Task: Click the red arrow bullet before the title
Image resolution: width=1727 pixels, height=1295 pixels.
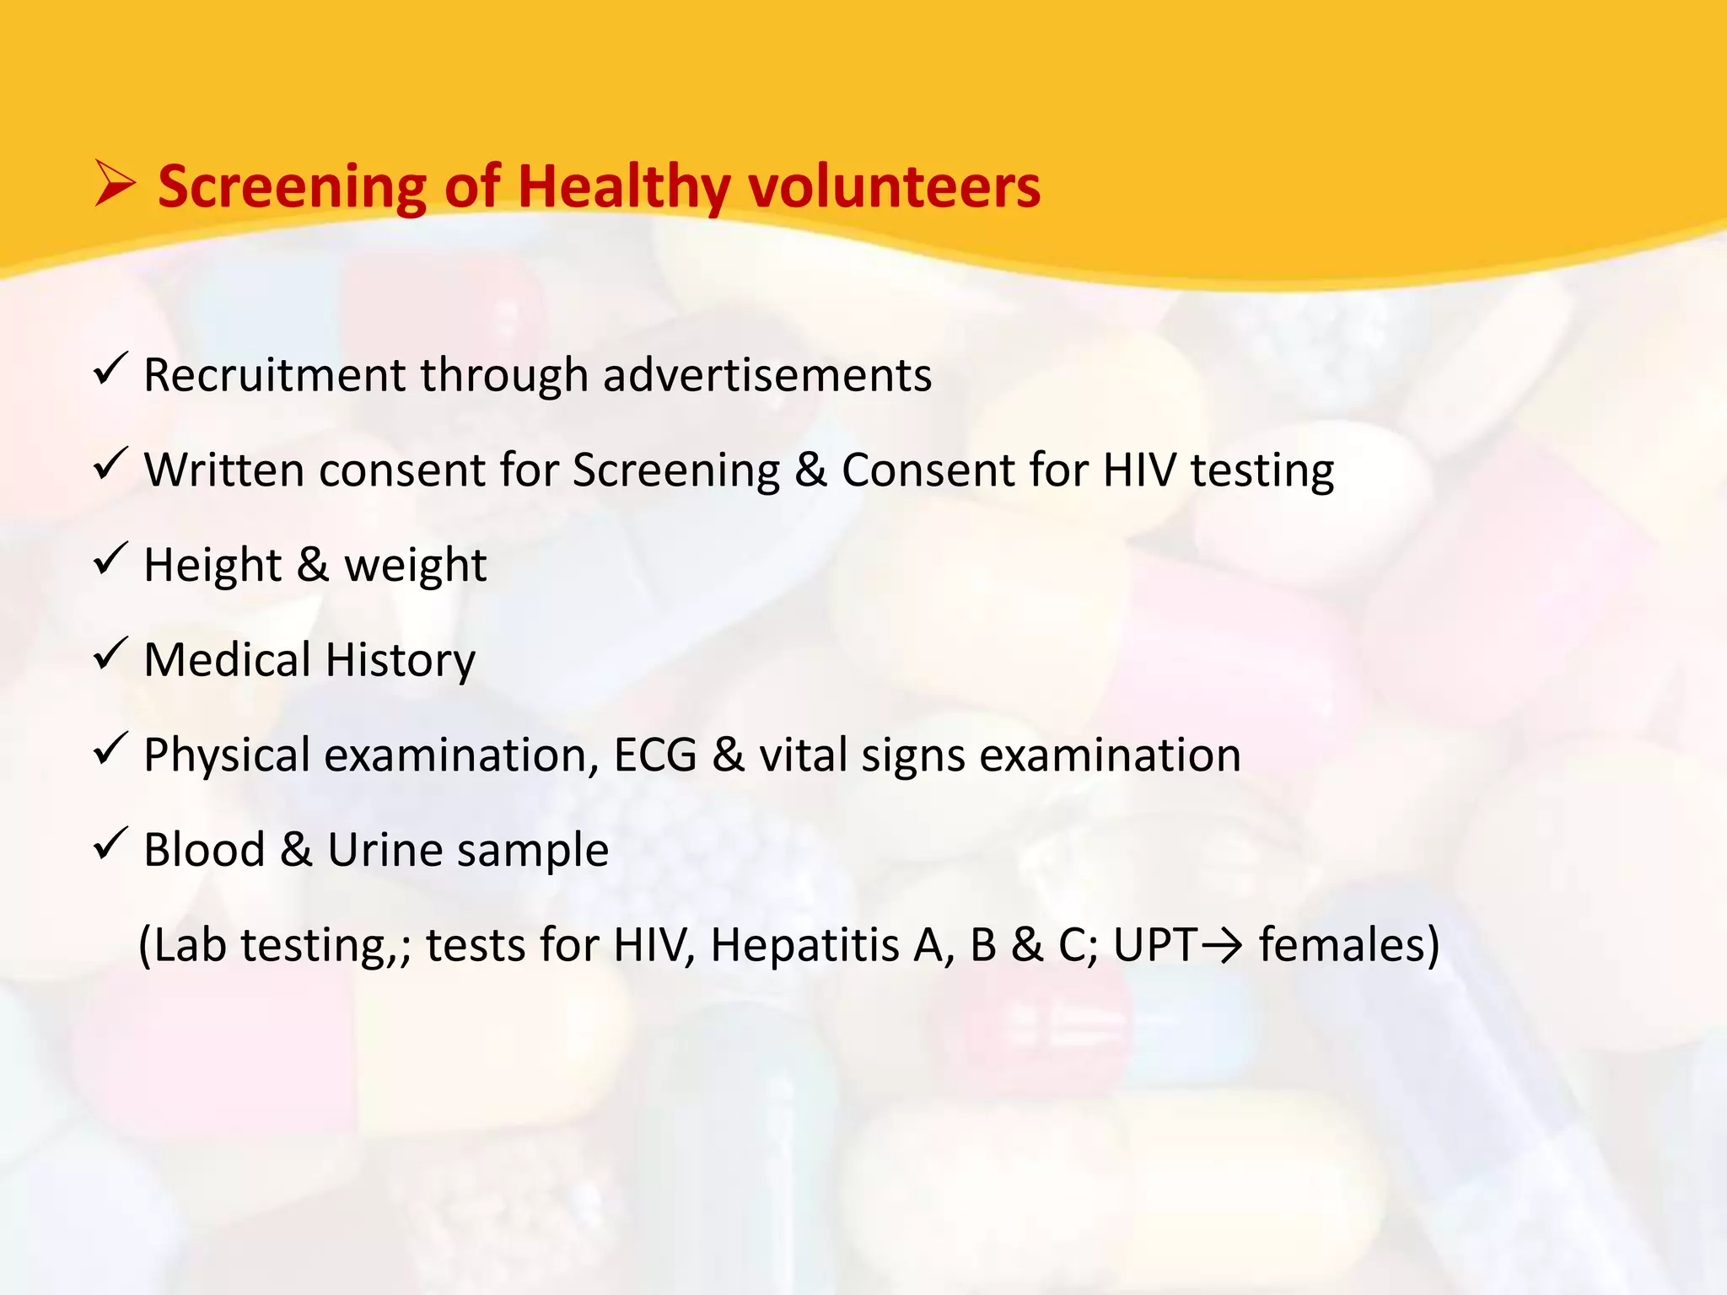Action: pyautogui.click(x=114, y=185)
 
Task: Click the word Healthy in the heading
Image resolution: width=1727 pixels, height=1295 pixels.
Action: pyautogui.click(x=623, y=187)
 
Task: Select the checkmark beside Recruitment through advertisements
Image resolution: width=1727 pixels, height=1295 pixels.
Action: pyautogui.click(x=110, y=370)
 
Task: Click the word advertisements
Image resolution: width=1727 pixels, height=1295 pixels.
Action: pyautogui.click(x=767, y=375)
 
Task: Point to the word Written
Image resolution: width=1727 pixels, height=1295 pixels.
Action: pyautogui.click(x=223, y=470)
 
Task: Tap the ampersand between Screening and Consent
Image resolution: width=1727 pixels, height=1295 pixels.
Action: pyautogui.click(x=810, y=470)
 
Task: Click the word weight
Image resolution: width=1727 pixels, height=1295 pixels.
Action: pyautogui.click(x=415, y=565)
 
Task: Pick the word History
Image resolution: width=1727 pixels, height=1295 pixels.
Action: pyautogui.click(x=401, y=660)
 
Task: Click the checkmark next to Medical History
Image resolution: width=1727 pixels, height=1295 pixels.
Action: pyautogui.click(x=110, y=654)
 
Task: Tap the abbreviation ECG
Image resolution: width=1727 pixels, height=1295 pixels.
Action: pyautogui.click(x=655, y=755)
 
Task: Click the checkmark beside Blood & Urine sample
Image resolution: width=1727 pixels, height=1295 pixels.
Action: pyautogui.click(x=110, y=844)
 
